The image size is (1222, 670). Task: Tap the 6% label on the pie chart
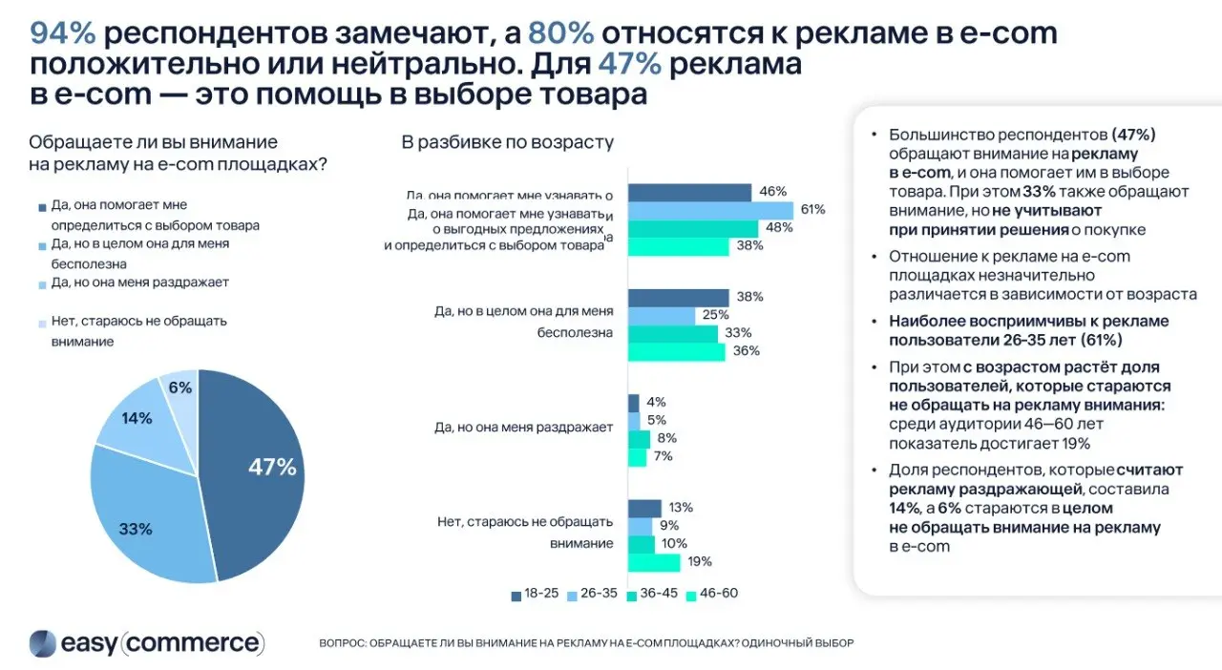click(180, 387)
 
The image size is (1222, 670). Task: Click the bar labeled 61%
click(710, 210)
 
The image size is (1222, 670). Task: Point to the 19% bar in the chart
click(654, 561)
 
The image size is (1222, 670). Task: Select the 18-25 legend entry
click(534, 593)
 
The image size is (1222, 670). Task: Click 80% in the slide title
click(561, 33)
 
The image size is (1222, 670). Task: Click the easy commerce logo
click(146, 642)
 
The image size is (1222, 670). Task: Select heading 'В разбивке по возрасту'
click(506, 143)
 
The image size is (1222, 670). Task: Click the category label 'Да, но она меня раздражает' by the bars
click(523, 428)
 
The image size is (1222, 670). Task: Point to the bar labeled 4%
click(633, 403)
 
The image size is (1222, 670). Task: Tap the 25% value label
click(715, 315)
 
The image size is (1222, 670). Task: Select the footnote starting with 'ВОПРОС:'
click(586, 643)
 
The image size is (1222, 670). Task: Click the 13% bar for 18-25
click(644, 508)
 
